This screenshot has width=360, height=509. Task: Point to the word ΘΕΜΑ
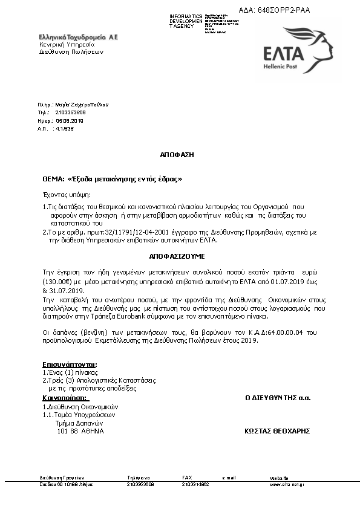tap(53, 180)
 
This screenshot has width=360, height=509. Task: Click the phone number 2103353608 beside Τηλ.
tap(70, 112)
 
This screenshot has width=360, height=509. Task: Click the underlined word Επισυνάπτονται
tap(70, 365)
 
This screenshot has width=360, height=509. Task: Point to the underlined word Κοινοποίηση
tap(65, 398)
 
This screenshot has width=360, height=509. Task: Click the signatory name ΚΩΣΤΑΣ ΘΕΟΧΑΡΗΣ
tap(277, 431)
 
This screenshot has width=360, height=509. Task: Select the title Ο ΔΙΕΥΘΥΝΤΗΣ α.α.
tap(277, 398)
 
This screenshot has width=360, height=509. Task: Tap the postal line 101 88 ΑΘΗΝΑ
tap(80, 431)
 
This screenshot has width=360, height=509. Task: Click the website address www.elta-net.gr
tap(287, 484)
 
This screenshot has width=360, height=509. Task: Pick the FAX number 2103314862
tap(195, 484)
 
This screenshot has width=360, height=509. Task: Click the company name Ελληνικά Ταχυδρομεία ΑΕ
tap(79, 37)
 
